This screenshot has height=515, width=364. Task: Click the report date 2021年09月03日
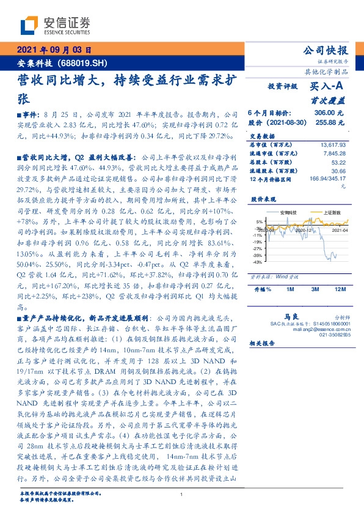(x=54, y=51)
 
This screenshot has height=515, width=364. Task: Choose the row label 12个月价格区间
(x=272, y=179)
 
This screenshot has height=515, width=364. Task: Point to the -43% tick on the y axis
(x=258, y=262)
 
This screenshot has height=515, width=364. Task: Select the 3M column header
(x=315, y=289)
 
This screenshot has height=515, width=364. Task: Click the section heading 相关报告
(x=263, y=344)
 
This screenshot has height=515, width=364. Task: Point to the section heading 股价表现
(x=263, y=200)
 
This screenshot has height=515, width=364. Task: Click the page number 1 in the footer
(x=182, y=494)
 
